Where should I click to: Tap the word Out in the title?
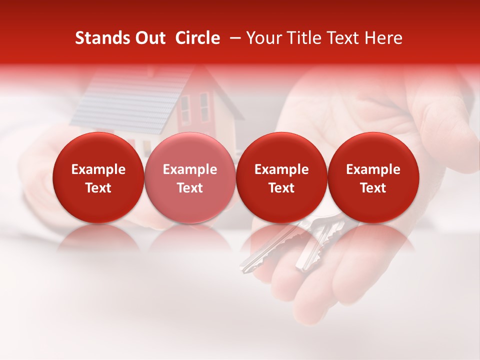click(149, 38)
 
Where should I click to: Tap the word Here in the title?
click(383, 38)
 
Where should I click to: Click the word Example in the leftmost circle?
click(98, 169)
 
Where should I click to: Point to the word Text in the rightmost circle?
click(373, 188)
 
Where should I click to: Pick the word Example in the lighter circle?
click(190, 169)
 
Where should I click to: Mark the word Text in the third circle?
click(281, 188)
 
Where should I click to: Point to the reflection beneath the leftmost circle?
click(98, 237)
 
